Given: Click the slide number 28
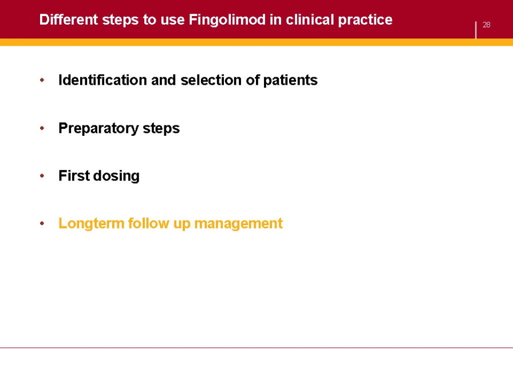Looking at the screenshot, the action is click(486, 25).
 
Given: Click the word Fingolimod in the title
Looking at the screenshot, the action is click(227, 20).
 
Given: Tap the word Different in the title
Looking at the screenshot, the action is click(69, 20).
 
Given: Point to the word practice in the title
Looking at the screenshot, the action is click(365, 20).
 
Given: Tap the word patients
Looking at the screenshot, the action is click(290, 81).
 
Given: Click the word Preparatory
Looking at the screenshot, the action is click(99, 128).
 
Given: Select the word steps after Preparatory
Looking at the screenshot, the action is click(161, 129).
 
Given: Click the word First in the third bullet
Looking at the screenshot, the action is click(74, 175).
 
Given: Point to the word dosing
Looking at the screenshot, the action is click(116, 176).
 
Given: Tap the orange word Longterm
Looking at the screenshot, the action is click(91, 224).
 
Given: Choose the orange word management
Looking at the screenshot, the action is click(238, 224).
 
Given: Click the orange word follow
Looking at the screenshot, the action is click(148, 223).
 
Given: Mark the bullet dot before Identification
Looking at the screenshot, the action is click(42, 80).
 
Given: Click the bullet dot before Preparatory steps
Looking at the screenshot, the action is click(42, 128).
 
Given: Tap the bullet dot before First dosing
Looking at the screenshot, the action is click(42, 176).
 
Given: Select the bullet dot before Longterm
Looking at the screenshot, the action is click(42, 224).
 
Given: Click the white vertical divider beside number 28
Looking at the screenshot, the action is click(476, 30).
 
